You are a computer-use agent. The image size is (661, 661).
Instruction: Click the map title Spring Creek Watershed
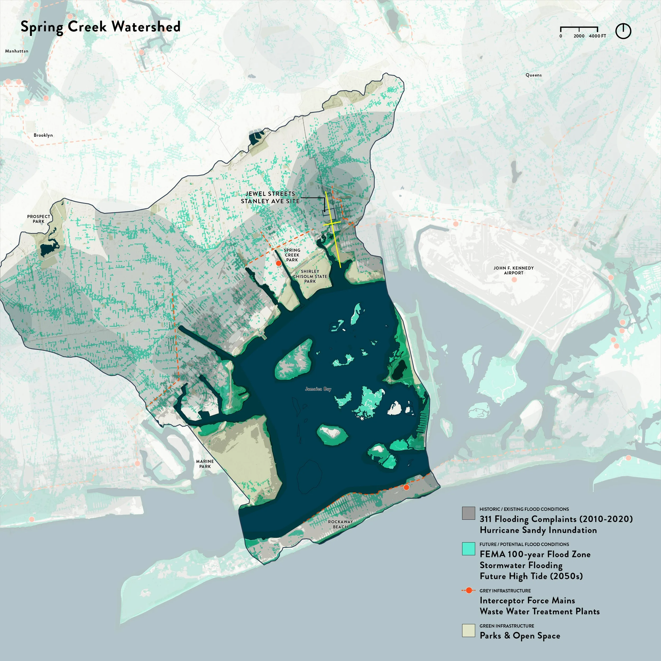click(100, 27)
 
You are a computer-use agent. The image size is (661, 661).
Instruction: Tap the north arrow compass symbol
click(623, 31)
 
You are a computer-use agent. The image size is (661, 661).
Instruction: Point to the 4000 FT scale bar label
click(597, 36)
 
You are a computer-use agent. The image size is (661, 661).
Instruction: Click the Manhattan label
click(17, 51)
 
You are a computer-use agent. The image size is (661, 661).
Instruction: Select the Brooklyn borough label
click(43, 135)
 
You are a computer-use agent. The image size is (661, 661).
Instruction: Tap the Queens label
click(533, 75)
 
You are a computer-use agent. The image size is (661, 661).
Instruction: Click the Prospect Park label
click(39, 219)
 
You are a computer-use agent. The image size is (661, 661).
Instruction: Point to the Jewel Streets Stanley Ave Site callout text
click(270, 198)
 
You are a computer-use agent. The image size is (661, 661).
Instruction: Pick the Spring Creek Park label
click(292, 255)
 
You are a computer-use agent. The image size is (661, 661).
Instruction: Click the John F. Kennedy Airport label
click(513, 270)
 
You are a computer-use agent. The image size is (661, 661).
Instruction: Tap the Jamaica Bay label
click(318, 389)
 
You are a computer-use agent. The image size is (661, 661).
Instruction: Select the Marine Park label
click(205, 464)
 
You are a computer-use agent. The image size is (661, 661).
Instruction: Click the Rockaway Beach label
click(341, 524)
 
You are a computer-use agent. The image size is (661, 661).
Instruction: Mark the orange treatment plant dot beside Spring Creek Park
click(278, 263)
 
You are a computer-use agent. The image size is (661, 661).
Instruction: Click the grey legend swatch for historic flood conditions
click(468, 513)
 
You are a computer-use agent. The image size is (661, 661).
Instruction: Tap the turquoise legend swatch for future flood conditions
click(468, 548)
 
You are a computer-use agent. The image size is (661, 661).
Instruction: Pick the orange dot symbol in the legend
click(469, 590)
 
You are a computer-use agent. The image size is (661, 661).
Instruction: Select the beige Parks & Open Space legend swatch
click(468, 631)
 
